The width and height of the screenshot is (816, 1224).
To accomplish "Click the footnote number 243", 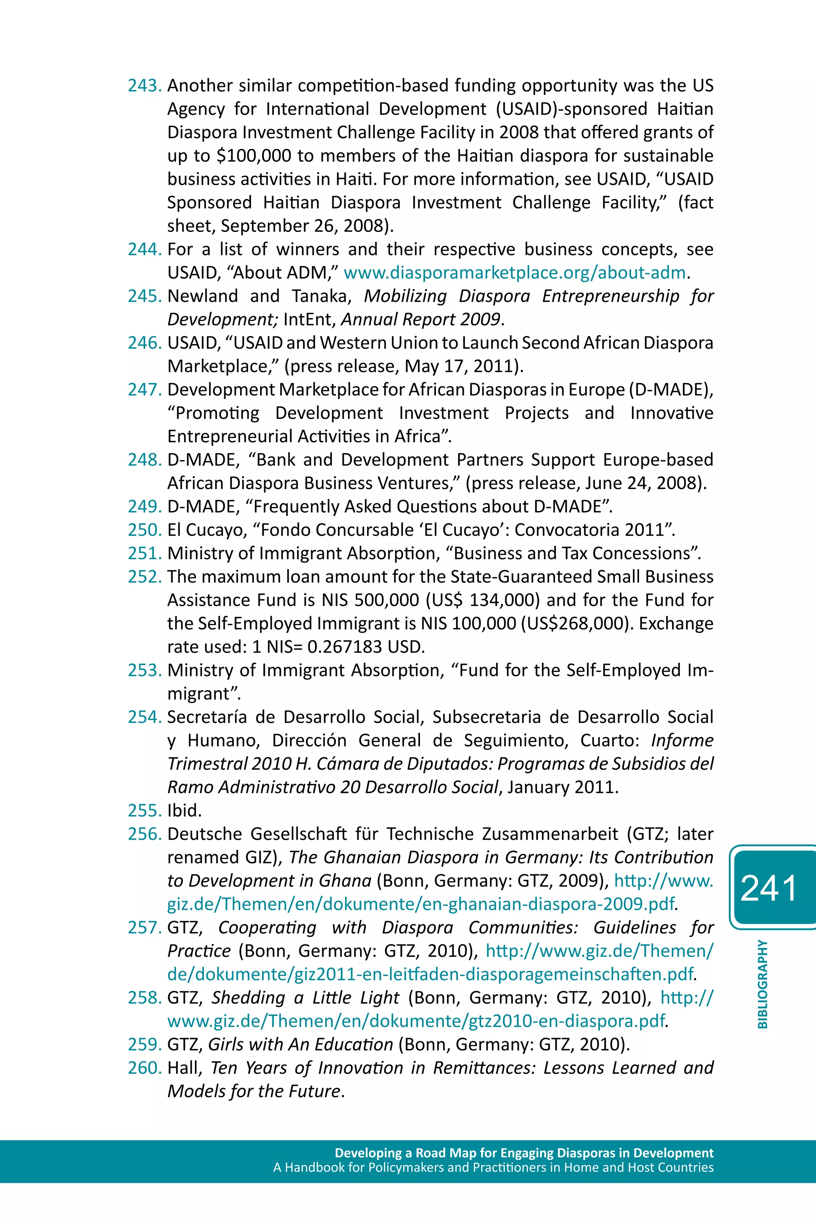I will point(145,86).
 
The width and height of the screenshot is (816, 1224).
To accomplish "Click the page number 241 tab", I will point(769,888).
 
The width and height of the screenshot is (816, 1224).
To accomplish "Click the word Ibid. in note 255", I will point(184,811).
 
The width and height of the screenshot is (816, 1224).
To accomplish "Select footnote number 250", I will point(145,530).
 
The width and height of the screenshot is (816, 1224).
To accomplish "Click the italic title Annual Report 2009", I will point(420,319).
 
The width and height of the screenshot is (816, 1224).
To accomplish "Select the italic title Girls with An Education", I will point(300,1044).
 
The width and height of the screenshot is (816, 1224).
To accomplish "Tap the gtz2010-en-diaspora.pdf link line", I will point(416,1021).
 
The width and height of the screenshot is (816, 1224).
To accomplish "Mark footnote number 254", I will point(145,717).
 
